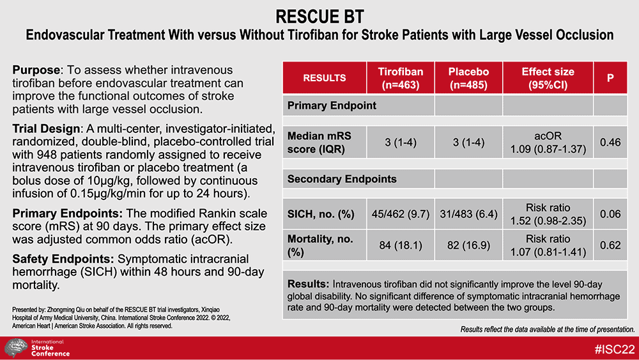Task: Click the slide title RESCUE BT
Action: coord(319,17)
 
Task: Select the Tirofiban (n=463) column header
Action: coord(401,78)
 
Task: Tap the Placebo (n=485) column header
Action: coord(468,78)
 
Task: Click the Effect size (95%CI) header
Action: coord(548,78)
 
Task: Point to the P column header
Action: coord(610,78)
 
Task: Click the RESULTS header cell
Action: coord(325,78)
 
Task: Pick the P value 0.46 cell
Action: coord(610,143)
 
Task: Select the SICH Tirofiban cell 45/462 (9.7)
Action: coord(401,214)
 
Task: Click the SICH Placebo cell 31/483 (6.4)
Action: coord(468,214)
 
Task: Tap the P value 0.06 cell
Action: coord(610,214)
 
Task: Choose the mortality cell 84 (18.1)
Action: coord(401,245)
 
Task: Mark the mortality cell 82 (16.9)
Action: coord(468,245)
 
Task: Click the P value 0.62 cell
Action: coord(610,245)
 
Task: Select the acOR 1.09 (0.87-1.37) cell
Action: coord(548,143)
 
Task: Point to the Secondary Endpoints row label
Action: coord(341,179)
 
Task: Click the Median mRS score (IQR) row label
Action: coord(319,143)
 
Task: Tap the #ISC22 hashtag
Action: coord(615,349)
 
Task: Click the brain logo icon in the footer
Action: coord(16,348)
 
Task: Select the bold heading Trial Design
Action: coord(46,129)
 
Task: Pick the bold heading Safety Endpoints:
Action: coord(63,259)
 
